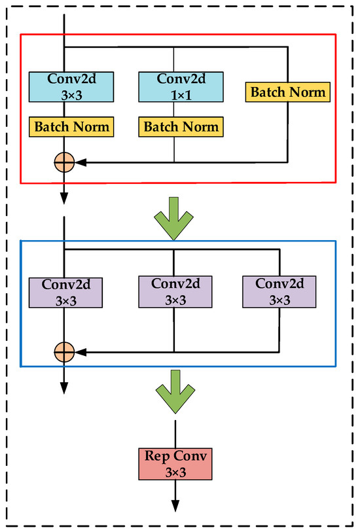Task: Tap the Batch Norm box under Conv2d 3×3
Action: [72, 126]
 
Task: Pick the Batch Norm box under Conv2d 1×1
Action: [180, 126]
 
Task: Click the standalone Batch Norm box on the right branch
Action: [287, 92]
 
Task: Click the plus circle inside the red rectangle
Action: [63, 162]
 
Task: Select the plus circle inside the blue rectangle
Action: [63, 352]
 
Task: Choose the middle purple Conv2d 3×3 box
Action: [173, 292]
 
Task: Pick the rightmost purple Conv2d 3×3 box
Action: [280, 292]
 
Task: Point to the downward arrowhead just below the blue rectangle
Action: [63, 387]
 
